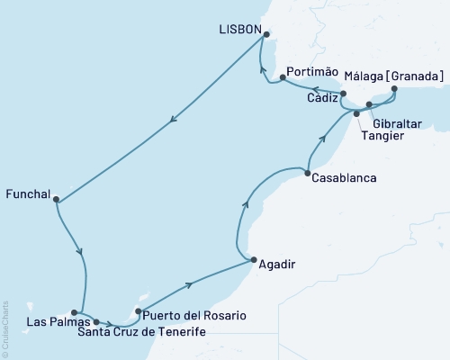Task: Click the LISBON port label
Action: [238, 30]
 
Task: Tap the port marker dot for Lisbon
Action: [265, 35]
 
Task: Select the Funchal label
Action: [26, 192]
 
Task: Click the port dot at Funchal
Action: [56, 200]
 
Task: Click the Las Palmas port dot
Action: [75, 313]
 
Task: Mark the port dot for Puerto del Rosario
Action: [137, 312]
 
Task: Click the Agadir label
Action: [275, 265]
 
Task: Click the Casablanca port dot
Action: [308, 173]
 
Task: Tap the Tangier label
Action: [382, 136]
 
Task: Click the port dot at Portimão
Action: [283, 77]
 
